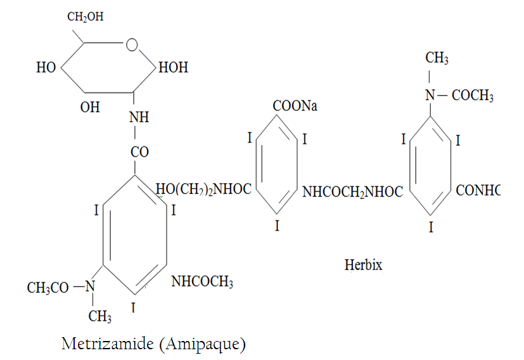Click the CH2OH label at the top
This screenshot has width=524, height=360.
pos(85,16)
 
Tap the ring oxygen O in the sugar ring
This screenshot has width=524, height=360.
pos(132,44)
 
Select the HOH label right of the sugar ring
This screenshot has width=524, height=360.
pos(173,68)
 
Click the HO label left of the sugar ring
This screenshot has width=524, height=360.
pos(46,68)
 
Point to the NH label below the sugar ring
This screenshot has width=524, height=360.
pos(139,117)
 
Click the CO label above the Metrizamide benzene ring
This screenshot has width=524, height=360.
pos(139,152)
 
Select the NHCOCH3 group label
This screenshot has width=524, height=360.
pos(202,282)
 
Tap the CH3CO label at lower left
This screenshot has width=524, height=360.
pos(48,288)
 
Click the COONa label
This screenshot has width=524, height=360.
pos(295,106)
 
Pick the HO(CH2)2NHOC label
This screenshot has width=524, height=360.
pos(203,190)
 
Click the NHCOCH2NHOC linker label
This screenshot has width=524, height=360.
pos(352,192)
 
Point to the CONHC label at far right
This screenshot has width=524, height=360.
pos(478,191)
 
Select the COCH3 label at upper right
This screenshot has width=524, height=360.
pos(473,96)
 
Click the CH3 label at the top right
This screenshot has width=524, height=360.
pos(437,58)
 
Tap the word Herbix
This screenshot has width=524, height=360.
pos(363,265)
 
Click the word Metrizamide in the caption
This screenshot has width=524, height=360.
pos(108,344)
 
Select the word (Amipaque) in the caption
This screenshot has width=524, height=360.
pos(203,344)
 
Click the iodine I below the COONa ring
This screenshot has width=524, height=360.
pos(277,226)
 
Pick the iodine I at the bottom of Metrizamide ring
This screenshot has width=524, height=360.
pos(133,307)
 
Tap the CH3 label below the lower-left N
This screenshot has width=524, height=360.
pos(99,316)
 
